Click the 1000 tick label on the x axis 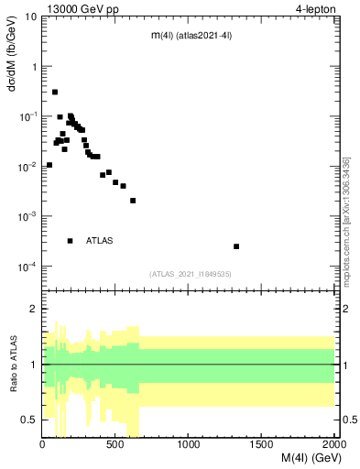point(190,446)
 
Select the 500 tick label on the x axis point(116,446)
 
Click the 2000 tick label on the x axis point(333,446)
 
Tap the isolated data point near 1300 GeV point(236,246)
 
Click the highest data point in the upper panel point(55,92)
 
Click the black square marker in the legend point(70,241)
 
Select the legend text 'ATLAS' point(100,241)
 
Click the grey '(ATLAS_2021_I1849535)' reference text point(190,273)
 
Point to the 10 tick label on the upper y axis point(32,16)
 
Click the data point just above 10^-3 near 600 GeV point(133,201)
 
